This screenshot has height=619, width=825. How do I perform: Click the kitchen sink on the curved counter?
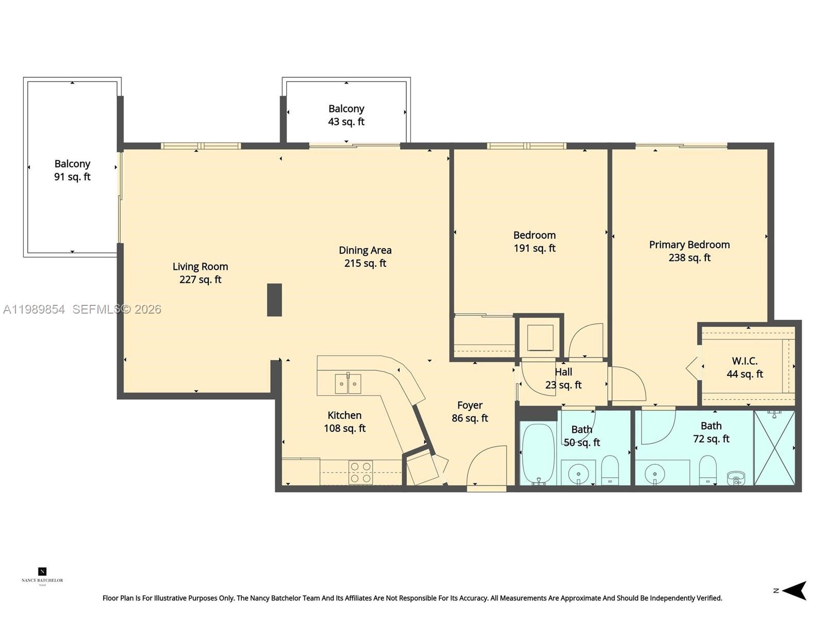(x=348, y=384)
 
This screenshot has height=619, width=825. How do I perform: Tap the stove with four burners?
(x=360, y=473)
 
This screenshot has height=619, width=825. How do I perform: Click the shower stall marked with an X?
(x=774, y=448)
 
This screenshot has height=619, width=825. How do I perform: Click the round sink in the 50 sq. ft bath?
(x=578, y=473)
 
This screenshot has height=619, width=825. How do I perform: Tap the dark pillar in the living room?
(x=274, y=300)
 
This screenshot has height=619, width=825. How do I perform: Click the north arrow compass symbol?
(x=794, y=591)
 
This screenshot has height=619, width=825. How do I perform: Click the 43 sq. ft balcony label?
(x=346, y=115)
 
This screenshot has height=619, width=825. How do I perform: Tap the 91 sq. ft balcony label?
(x=72, y=170)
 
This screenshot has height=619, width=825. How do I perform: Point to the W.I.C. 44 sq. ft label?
(x=745, y=367)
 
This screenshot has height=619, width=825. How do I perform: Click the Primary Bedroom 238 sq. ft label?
(x=689, y=251)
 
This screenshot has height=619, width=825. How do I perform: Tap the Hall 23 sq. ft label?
(x=563, y=378)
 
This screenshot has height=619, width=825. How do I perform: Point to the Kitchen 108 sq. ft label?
(x=344, y=421)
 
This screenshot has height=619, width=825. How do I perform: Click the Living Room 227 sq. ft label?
(x=200, y=273)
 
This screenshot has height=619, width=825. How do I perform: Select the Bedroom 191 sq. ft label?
(x=534, y=241)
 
